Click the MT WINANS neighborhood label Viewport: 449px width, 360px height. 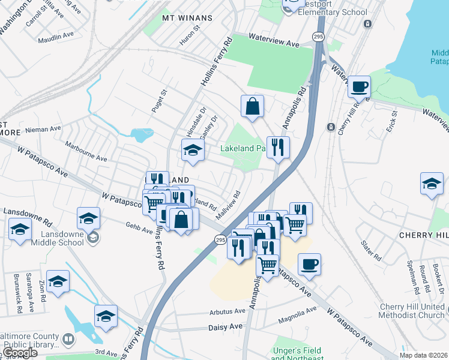click(x=187, y=18)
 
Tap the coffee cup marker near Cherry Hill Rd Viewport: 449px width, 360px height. click(x=359, y=87)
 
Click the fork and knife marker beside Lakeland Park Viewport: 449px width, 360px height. click(x=278, y=148)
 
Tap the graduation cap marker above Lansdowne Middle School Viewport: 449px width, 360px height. click(x=88, y=218)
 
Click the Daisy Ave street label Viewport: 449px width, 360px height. click(x=225, y=326)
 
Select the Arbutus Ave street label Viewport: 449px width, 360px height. click(x=228, y=311)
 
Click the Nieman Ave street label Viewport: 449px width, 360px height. click(x=47, y=128)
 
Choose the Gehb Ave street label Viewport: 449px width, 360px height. click(x=139, y=227)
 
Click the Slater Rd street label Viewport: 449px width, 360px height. click(x=370, y=248)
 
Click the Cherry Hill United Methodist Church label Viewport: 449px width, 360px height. click(x=412, y=311)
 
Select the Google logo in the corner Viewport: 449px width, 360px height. click(x=20, y=353)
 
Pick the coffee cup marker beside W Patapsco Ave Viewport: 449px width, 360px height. click(x=309, y=264)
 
